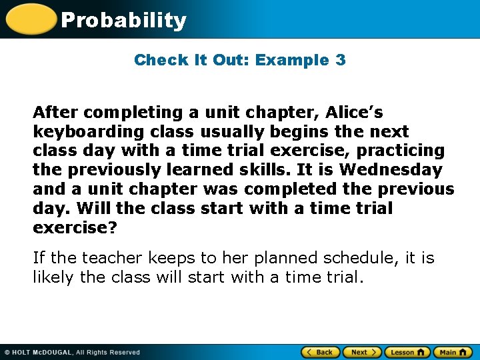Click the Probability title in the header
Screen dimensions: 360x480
point(123,20)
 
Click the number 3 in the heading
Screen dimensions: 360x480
point(340,60)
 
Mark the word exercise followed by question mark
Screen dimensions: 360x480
point(75,227)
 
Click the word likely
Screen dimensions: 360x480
point(53,277)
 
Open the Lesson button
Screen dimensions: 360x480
point(407,352)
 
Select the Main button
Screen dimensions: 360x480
point(452,352)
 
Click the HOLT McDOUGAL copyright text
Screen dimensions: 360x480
point(73,353)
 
